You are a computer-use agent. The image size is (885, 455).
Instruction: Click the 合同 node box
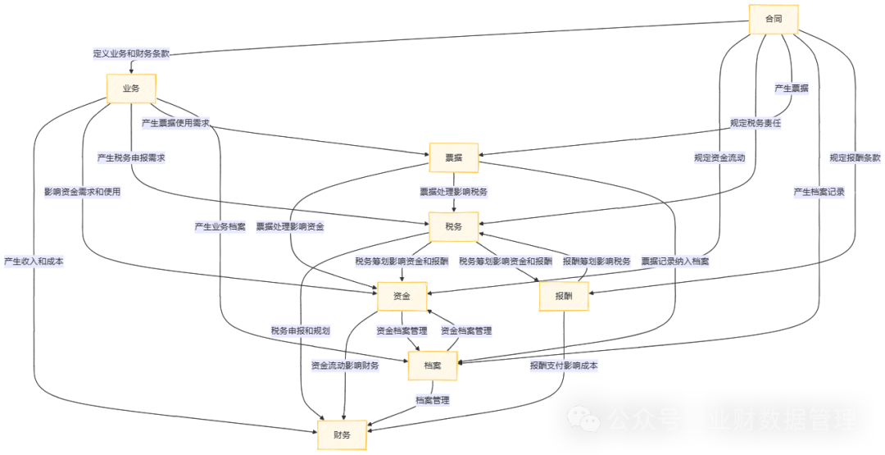774,19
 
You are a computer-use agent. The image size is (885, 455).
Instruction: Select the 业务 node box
130,89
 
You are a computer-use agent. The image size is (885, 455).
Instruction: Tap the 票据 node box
453,158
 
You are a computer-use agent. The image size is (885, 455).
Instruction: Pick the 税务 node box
453,227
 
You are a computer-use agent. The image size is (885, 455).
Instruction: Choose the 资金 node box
402,297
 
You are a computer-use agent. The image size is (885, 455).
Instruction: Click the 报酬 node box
564,297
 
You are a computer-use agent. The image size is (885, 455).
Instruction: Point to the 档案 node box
433,366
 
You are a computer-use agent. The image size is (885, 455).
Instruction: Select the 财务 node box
342,435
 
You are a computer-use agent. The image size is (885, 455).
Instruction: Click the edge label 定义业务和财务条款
131,53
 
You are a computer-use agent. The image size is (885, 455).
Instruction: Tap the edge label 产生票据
792,89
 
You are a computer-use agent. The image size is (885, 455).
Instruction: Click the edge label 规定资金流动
719,158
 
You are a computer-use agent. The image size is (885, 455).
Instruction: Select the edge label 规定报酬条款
855,158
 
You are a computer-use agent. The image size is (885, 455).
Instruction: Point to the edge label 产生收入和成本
34,262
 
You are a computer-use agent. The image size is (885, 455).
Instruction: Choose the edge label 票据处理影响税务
453,193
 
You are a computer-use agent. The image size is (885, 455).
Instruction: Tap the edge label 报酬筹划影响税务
597,262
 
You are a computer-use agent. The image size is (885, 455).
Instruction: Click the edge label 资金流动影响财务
345,366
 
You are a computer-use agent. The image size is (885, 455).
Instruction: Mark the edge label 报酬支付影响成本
564,366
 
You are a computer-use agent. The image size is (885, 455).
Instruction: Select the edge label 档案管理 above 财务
433,401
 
